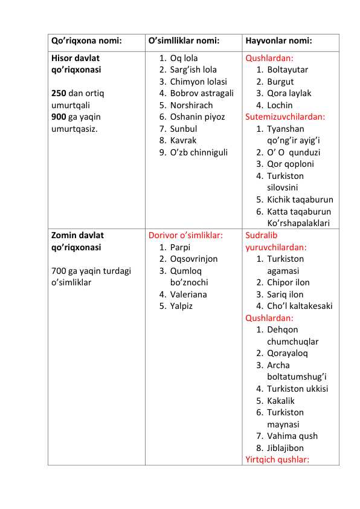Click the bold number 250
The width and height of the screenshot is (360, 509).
tap(59, 94)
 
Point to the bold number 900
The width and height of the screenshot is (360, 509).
tap(59, 117)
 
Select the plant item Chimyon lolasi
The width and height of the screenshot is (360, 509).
tap(198, 82)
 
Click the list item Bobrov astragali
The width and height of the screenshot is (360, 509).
tap(202, 93)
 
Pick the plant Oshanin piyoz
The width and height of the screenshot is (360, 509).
tap(197, 117)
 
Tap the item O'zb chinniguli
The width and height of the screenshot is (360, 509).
tap(199, 152)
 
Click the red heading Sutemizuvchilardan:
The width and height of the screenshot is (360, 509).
tap(285, 117)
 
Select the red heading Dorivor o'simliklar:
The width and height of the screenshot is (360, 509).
tap(185, 235)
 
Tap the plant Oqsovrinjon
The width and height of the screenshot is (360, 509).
tap(194, 259)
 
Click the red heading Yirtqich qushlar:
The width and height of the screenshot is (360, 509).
tap(277, 459)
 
